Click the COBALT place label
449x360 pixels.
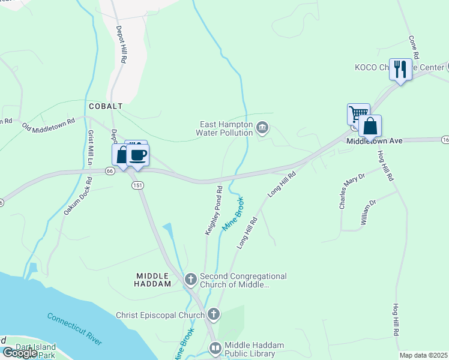(x=106, y=106)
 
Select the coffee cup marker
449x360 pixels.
(x=138, y=155)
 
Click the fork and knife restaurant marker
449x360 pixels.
(x=399, y=69)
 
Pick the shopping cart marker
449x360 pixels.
(x=358, y=113)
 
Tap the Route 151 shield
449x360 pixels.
(x=137, y=185)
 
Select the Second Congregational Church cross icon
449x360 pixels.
(x=191, y=279)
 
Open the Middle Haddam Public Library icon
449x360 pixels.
(x=215, y=347)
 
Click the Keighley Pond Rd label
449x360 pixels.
(x=214, y=210)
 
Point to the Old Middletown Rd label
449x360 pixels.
(x=49, y=125)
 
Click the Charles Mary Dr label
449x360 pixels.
(x=352, y=191)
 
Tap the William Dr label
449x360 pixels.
(x=368, y=213)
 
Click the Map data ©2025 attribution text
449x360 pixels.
(x=424, y=355)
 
